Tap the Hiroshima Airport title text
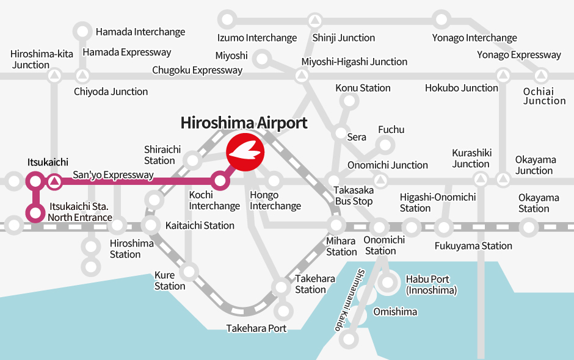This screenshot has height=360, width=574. (x=244, y=123)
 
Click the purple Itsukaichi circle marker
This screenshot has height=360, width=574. (x=34, y=181)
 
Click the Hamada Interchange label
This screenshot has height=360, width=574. (x=140, y=32)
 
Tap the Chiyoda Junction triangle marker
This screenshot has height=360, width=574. (x=82, y=77)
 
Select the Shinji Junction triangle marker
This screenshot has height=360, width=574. (x=314, y=20)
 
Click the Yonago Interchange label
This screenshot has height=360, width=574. (x=474, y=38)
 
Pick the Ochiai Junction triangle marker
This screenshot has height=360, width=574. (x=540, y=77)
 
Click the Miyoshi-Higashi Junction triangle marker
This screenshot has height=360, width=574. (x=301, y=77)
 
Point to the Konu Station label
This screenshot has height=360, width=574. (x=363, y=88)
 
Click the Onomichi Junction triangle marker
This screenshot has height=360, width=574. (x=380, y=181)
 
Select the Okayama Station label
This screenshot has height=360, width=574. (x=538, y=203)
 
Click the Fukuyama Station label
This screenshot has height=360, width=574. (x=473, y=246)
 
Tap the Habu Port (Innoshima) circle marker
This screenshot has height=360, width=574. (x=388, y=283)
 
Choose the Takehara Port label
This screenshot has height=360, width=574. (x=256, y=328)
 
